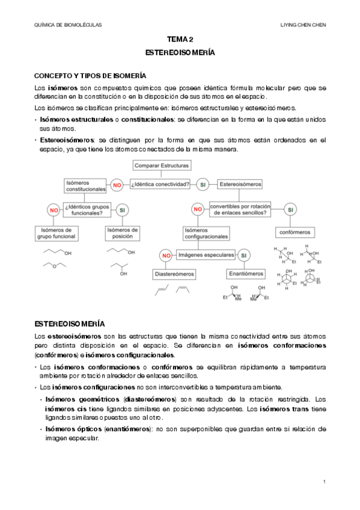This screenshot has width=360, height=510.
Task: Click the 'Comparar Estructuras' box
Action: pos(162,165)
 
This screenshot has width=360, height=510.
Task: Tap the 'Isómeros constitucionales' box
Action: pos(85,185)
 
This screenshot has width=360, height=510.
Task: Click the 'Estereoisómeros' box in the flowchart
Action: pos(240,184)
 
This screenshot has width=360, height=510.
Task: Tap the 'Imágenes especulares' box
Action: pos(205,255)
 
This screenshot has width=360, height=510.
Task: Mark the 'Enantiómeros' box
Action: pos(246,274)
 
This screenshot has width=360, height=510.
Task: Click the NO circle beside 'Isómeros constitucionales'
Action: pos(117,185)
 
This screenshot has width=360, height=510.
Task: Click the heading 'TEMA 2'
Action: pos(180,39)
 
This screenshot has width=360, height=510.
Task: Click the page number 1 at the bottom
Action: pos(325,482)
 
